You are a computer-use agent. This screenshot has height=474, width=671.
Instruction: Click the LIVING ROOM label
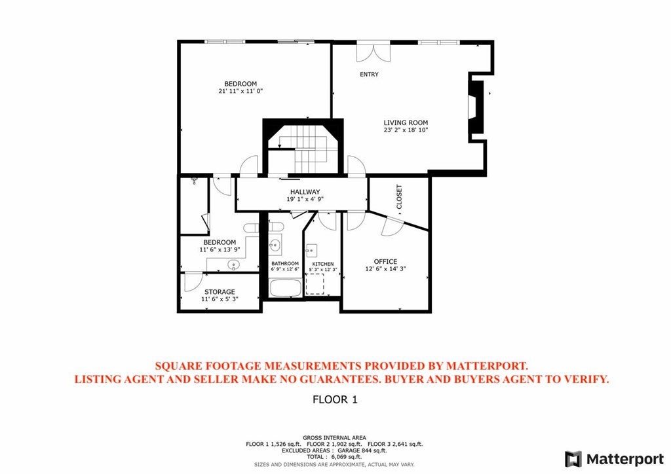[x=406, y=122]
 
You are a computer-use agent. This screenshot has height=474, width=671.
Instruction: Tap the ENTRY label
[x=369, y=75]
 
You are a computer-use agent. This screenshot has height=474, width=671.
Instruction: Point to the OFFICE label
[x=385, y=262]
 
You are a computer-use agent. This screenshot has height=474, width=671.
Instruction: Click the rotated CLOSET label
[x=399, y=197]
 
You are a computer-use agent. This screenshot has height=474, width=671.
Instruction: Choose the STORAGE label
[x=220, y=292]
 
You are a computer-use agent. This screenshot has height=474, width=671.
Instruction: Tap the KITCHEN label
[x=323, y=264]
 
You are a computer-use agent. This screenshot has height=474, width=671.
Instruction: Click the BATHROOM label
[x=285, y=264]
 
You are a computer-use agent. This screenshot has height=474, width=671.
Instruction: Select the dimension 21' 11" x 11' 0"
[x=240, y=92]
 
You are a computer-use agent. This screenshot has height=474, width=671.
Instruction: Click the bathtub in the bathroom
[x=285, y=287]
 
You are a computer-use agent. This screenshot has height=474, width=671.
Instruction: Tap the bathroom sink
[x=276, y=246]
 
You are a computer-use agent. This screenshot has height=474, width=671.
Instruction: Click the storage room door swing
[x=191, y=282]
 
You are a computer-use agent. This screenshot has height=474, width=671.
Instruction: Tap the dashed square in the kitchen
[x=315, y=284]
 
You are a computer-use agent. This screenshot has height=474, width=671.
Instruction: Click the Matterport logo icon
[x=573, y=458]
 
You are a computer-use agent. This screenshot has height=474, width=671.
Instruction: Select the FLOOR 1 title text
[x=335, y=399]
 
